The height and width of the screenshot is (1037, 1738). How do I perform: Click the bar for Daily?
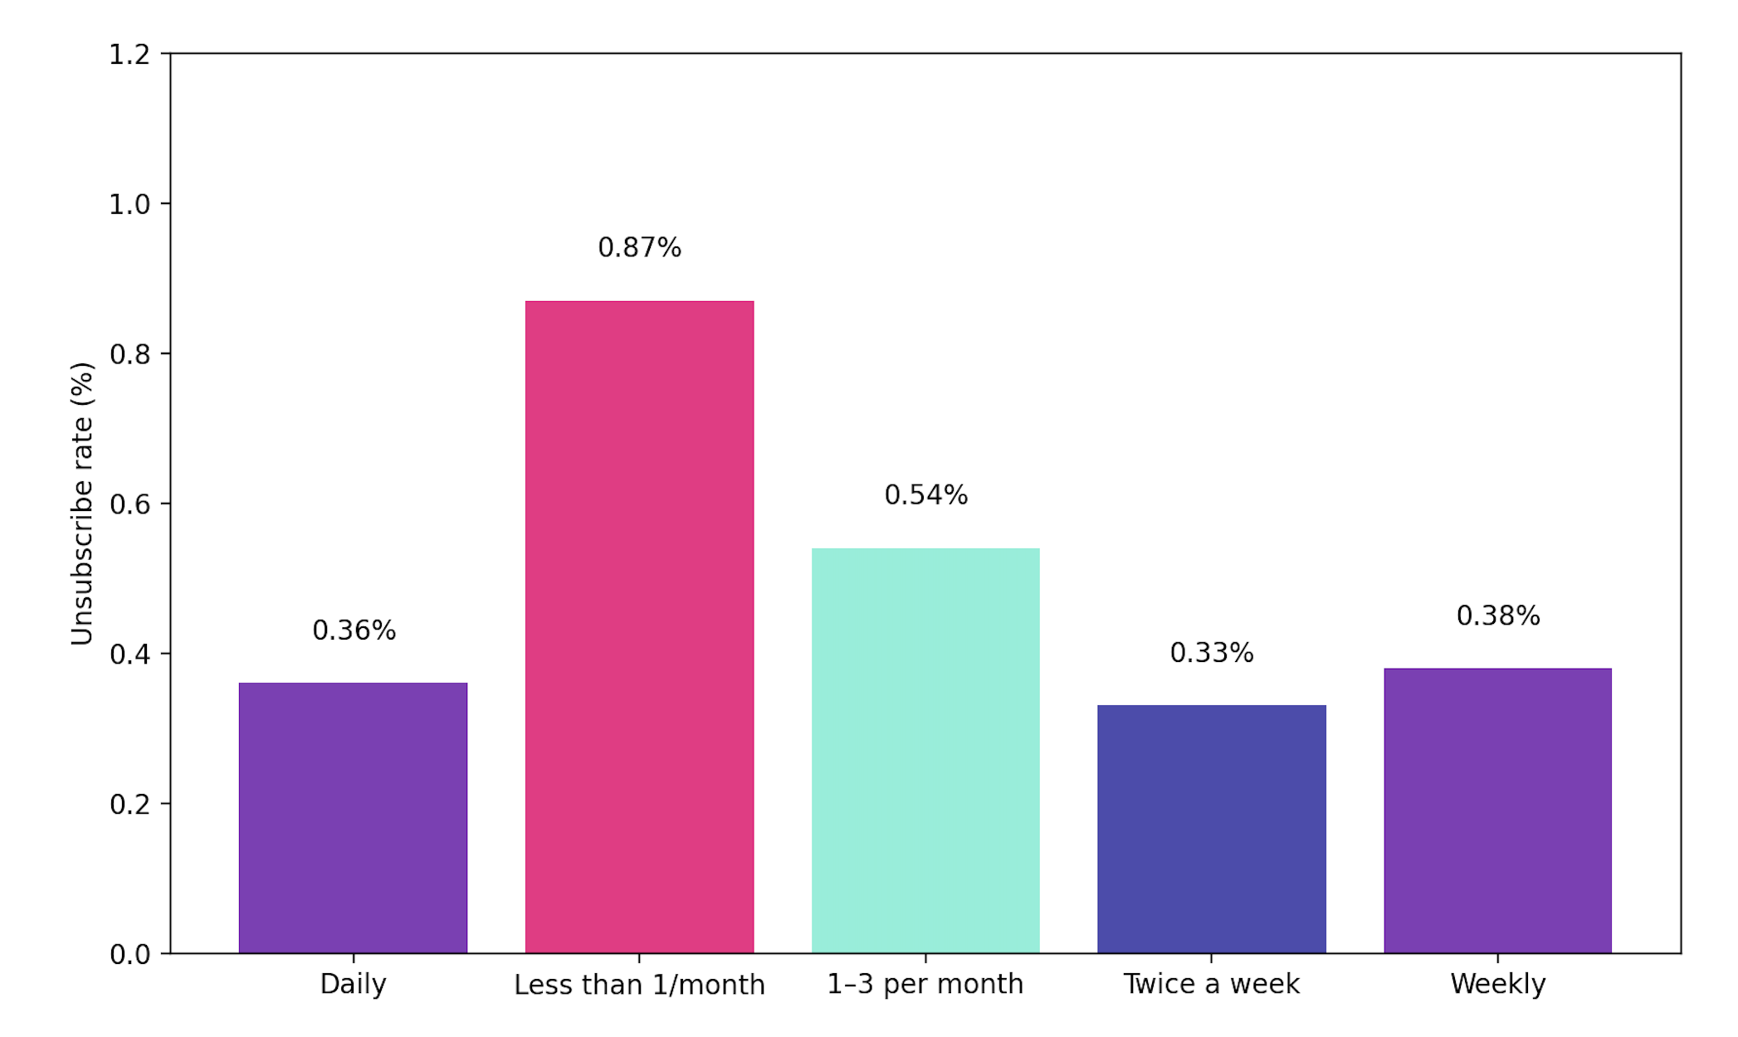(x=353, y=817)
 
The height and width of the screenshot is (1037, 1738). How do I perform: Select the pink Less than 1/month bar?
(x=639, y=626)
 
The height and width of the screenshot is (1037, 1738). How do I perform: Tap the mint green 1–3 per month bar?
(x=925, y=750)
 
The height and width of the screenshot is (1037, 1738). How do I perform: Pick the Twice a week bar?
(x=1211, y=829)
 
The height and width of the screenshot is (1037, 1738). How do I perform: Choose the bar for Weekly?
(x=1497, y=810)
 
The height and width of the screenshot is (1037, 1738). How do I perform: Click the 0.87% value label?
(x=639, y=247)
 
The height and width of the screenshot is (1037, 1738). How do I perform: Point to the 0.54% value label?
(x=925, y=494)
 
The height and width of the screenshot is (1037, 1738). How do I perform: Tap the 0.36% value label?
(x=354, y=630)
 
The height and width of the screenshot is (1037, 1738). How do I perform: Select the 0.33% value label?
(x=1211, y=653)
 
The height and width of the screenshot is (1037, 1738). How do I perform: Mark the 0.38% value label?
(x=1497, y=616)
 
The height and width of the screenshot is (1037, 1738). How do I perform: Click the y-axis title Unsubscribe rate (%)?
(x=82, y=504)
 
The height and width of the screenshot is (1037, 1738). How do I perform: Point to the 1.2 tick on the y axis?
(x=129, y=55)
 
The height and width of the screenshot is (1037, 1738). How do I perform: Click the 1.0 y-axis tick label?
(x=129, y=204)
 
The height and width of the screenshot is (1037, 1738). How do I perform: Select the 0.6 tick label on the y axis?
(x=129, y=504)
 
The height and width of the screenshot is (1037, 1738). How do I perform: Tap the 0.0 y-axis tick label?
(x=129, y=954)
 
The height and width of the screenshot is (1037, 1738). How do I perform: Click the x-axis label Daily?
(x=353, y=984)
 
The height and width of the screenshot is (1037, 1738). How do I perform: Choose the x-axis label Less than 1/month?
(x=639, y=985)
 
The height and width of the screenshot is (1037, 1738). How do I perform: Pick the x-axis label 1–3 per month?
(x=925, y=984)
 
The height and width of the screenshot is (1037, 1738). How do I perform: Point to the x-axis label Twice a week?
(x=1211, y=984)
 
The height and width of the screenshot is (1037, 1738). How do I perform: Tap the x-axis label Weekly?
(x=1497, y=984)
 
